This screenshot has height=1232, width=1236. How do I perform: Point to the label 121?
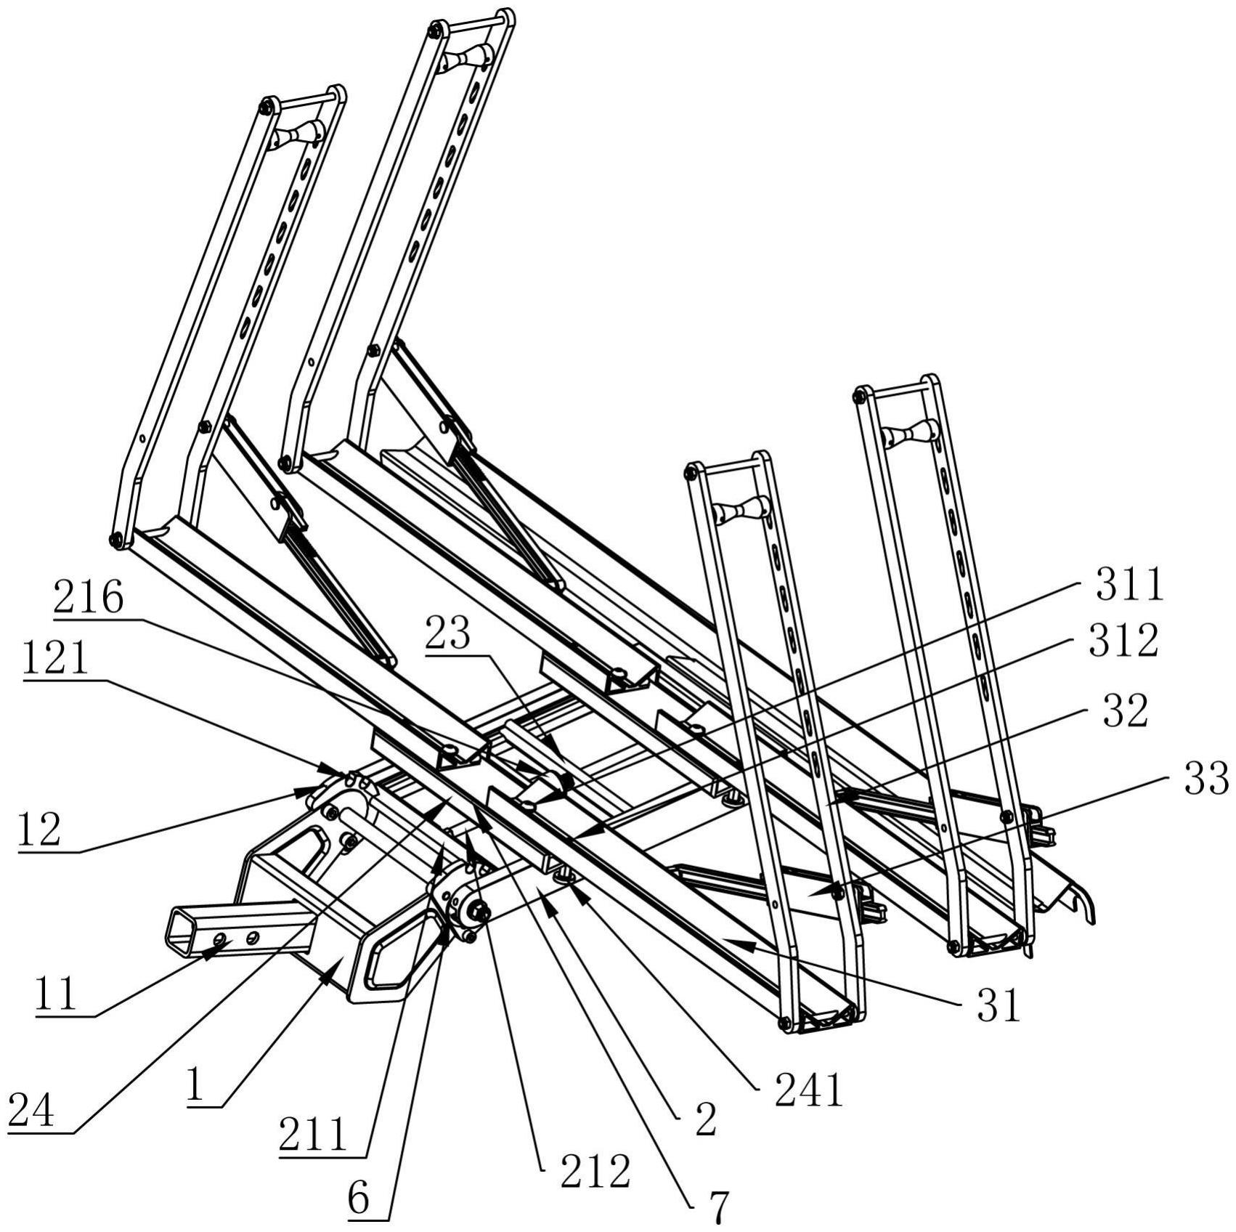(56, 660)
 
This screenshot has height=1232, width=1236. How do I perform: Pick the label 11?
(57, 994)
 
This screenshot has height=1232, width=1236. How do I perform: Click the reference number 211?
(314, 1135)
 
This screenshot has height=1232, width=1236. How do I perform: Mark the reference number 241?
(809, 1090)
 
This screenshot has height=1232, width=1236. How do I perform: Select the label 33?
(1206, 778)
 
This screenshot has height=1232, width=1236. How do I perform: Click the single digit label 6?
(359, 1199)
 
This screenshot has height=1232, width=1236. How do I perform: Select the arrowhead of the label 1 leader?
(326, 978)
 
